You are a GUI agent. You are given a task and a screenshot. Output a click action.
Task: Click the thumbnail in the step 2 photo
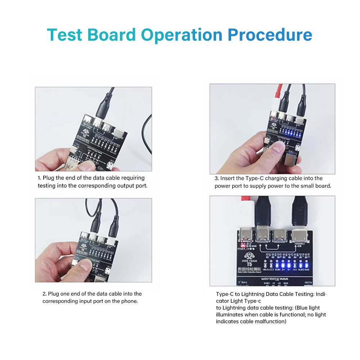(x=87, y=266)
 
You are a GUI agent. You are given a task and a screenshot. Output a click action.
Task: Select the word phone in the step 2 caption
(x=130, y=301)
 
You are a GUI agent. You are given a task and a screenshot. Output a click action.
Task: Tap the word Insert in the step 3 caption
(x=229, y=178)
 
